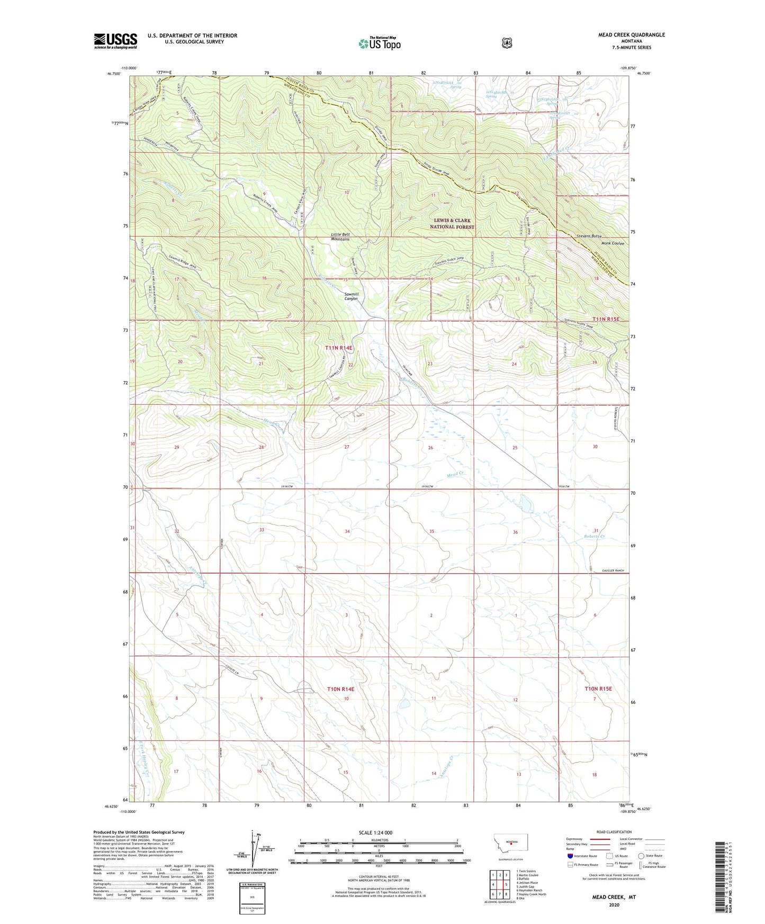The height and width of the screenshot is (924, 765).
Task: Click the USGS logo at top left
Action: pyautogui.click(x=115, y=41)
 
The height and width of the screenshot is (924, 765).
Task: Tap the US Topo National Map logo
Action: pyautogui.click(x=379, y=43)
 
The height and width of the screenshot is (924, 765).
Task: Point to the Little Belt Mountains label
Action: pyautogui.click(x=340, y=237)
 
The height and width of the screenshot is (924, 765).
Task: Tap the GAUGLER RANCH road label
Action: pyautogui.click(x=613, y=570)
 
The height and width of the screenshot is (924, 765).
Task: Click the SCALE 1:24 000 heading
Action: pyautogui.click(x=375, y=832)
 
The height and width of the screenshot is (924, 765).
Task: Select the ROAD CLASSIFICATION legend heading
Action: pyautogui.click(x=614, y=832)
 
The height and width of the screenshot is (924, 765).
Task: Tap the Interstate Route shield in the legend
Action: pyautogui.click(x=570, y=856)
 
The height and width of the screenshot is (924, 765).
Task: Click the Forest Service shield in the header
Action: pyautogui.click(x=507, y=42)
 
